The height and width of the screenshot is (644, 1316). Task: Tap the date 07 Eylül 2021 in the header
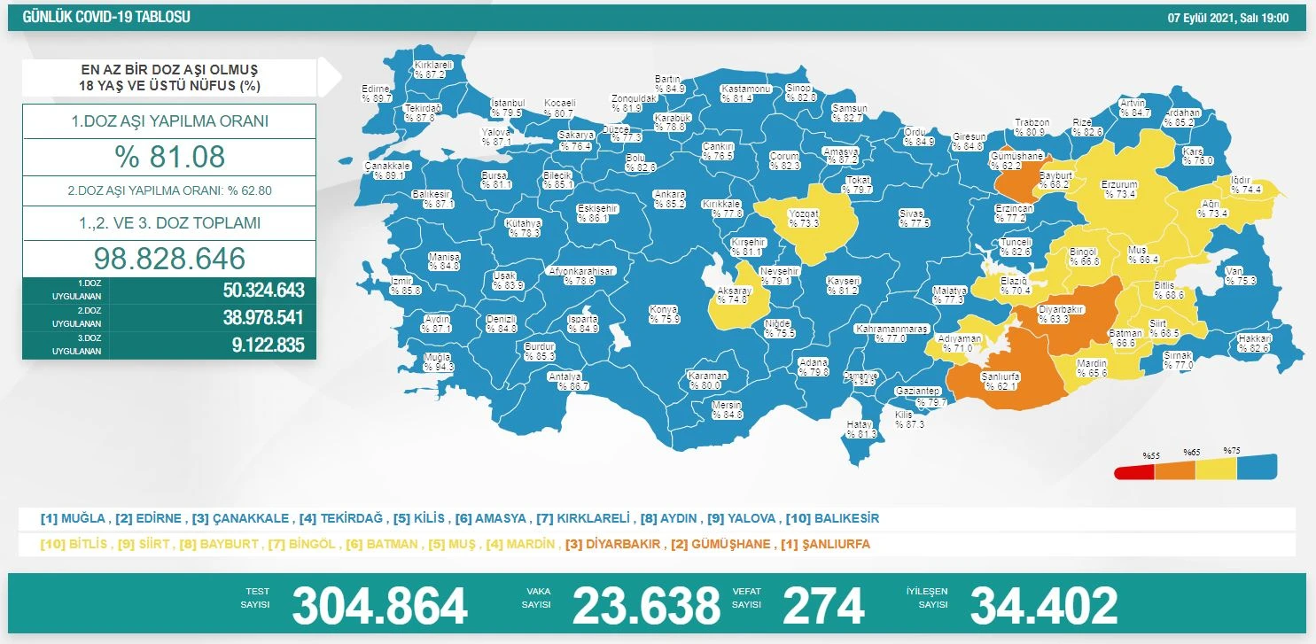coord(1226,17)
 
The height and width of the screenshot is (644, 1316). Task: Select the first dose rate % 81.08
coord(169,157)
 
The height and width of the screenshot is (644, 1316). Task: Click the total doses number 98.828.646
coord(169,259)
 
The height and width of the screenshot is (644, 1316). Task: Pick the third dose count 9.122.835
coord(263,345)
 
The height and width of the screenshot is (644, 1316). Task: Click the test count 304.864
coord(379,606)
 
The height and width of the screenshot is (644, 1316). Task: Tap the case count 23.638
coord(646,606)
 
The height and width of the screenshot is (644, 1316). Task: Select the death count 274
coord(823,606)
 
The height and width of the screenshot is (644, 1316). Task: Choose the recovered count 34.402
coord(1044,606)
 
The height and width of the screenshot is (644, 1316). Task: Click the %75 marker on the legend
coord(1230,450)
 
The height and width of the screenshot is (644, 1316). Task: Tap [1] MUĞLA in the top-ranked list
coord(74,518)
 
